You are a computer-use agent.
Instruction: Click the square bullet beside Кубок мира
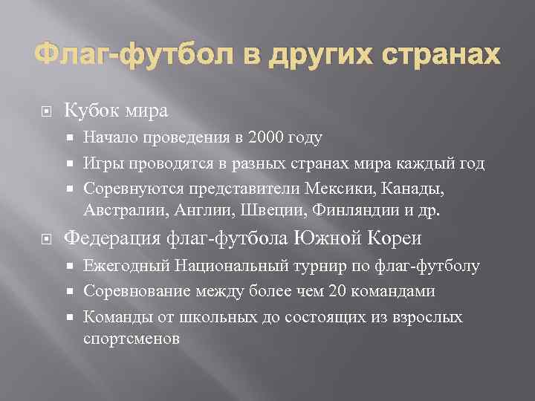45,111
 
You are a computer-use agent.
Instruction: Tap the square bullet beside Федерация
45,239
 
